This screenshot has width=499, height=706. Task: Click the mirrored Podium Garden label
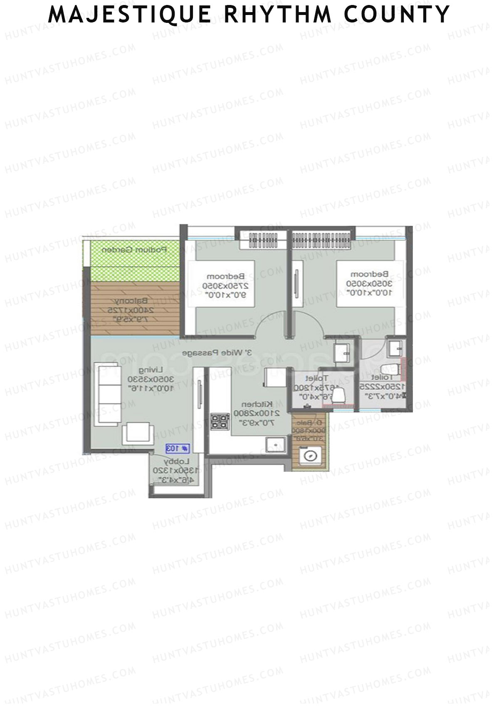(x=134, y=250)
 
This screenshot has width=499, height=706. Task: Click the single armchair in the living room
(x=138, y=433)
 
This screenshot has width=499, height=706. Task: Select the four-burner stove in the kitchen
(x=220, y=421)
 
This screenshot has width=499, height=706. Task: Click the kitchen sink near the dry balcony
(x=276, y=443)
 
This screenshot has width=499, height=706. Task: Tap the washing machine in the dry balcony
(x=310, y=455)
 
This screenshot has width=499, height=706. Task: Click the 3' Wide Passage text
(x=217, y=353)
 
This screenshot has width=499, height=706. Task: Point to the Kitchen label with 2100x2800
(x=253, y=413)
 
